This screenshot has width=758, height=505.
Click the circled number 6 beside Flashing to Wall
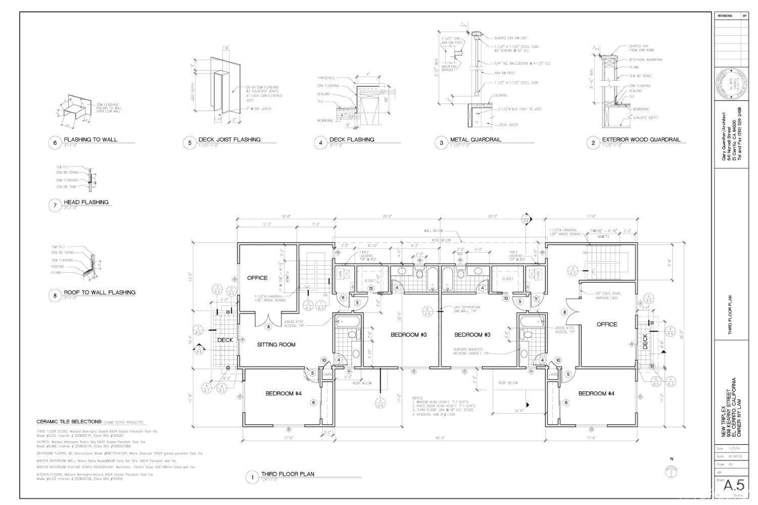coord(55,142)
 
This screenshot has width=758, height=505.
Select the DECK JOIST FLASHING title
coord(229,140)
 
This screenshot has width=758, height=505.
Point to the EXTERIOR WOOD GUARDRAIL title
coord(641,140)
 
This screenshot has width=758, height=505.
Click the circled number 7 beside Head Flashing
coord(55,205)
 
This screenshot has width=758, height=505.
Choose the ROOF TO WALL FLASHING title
coord(100,292)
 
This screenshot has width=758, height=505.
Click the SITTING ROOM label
coord(276,344)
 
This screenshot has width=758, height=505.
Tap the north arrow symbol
coord(671,471)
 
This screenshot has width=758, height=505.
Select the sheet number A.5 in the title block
coord(734,485)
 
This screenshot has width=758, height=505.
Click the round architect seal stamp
coord(730,84)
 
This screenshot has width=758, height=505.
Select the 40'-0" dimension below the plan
coord(441,438)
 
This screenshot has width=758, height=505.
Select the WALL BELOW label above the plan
coord(434,231)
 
